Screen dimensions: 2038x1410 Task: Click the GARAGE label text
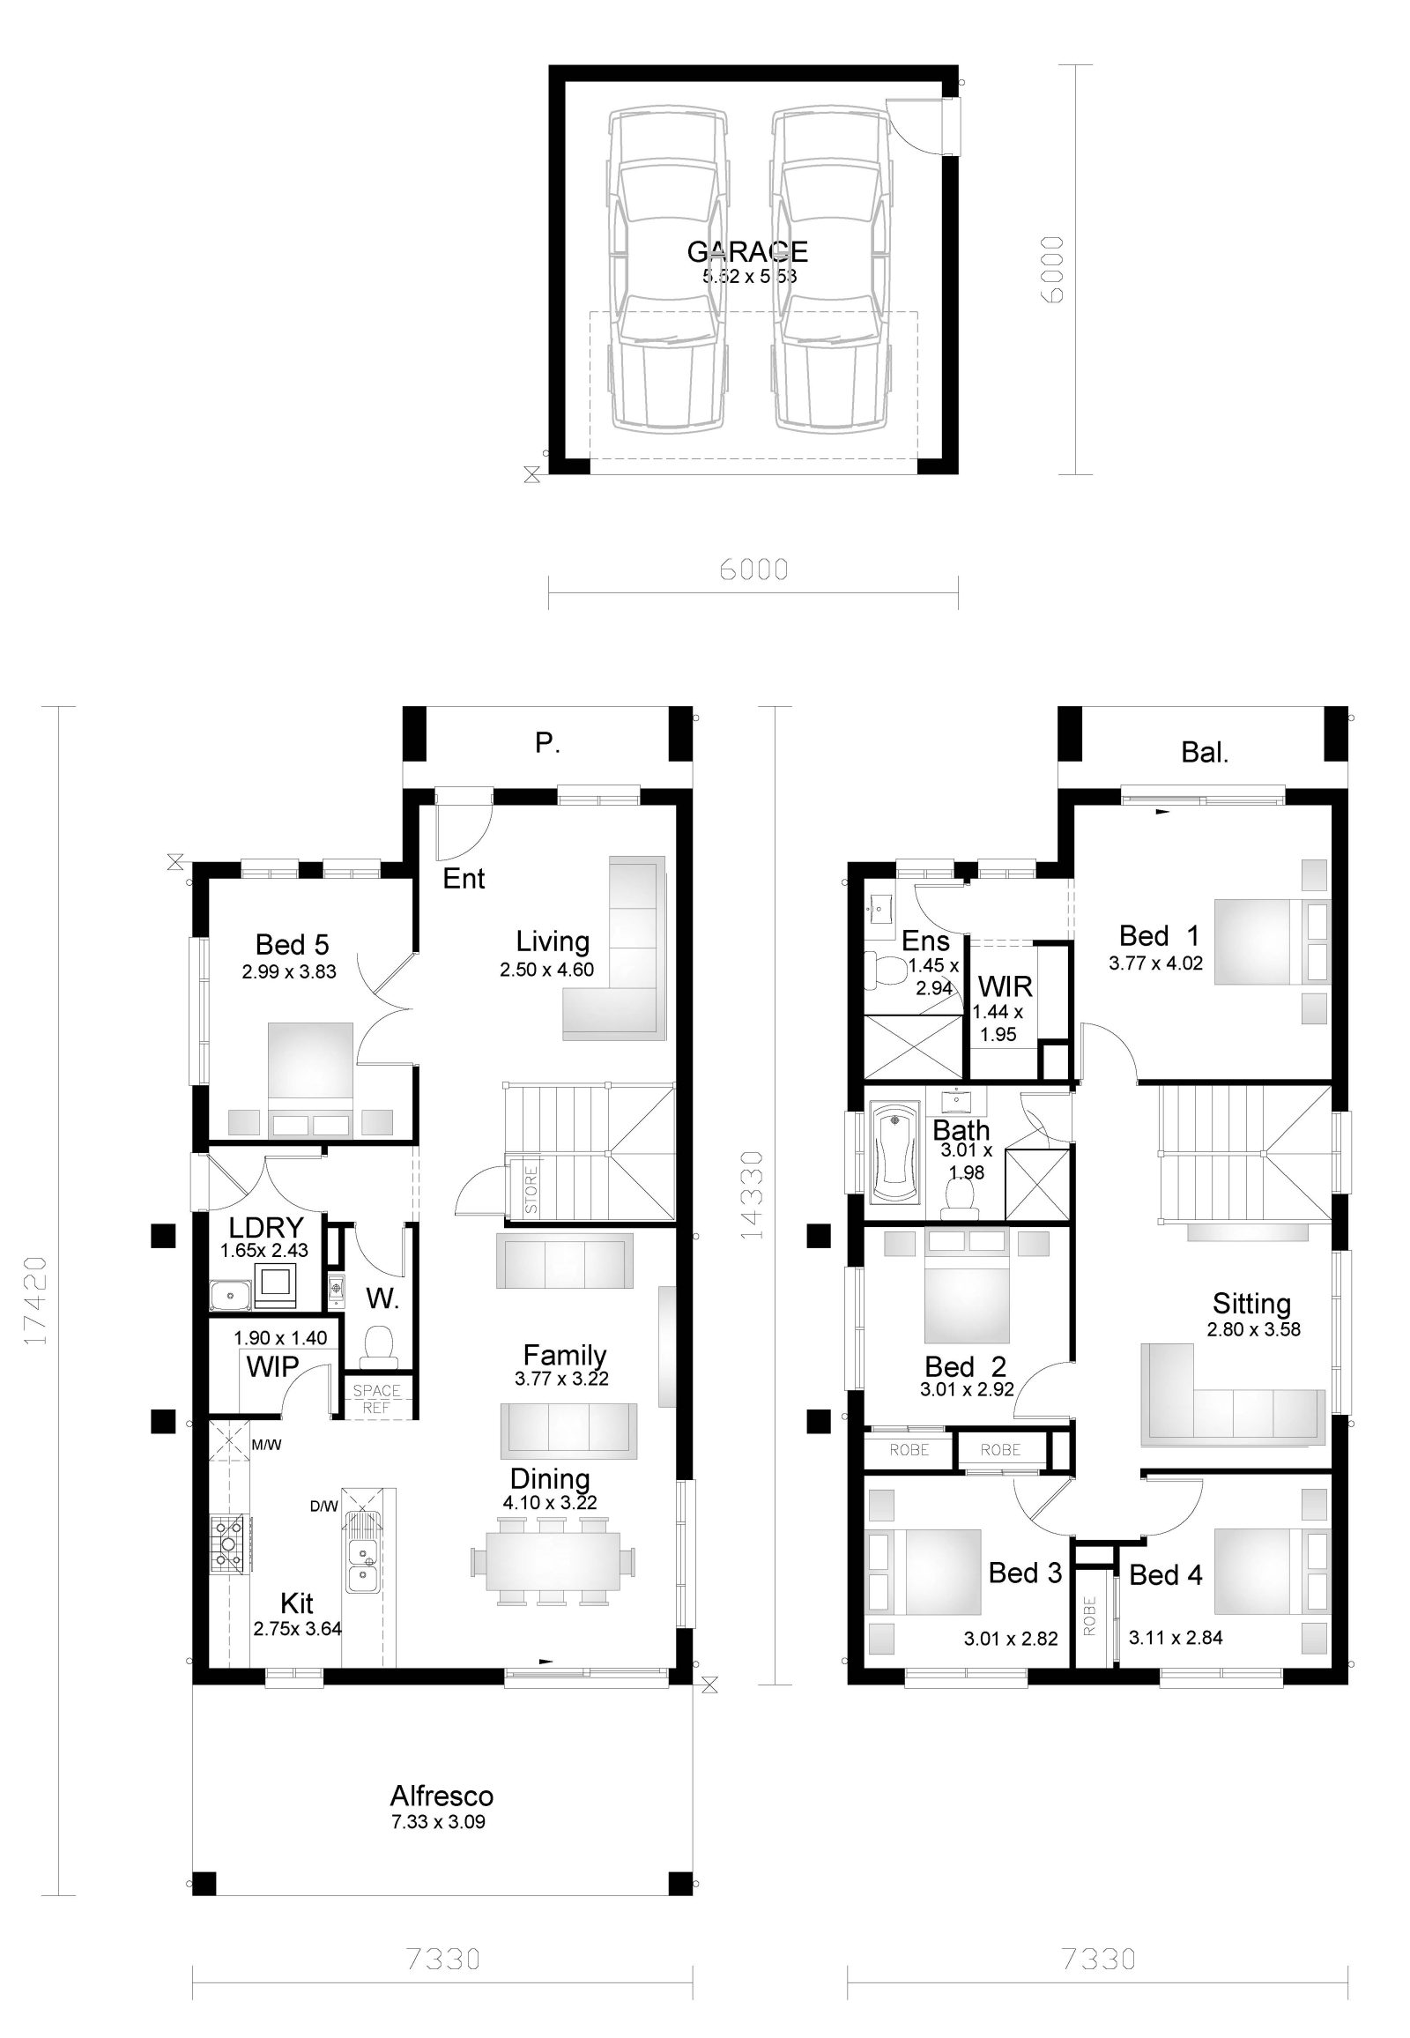tap(747, 252)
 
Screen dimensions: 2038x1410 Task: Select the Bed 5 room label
tap(292, 945)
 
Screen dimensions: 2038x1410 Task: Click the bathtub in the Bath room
tap(896, 1150)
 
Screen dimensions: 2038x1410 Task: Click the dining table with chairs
tap(553, 1561)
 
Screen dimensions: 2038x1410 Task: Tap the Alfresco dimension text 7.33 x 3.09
tap(438, 1822)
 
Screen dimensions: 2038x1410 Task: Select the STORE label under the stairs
tap(531, 1188)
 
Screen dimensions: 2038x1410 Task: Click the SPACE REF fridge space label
tap(376, 1398)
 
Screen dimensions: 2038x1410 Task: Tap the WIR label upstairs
tap(1005, 986)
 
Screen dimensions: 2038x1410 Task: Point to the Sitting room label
tap(1251, 1304)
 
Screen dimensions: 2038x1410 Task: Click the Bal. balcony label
tap(1205, 753)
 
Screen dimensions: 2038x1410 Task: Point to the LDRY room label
tap(266, 1228)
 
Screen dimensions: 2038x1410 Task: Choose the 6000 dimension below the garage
tap(753, 569)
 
